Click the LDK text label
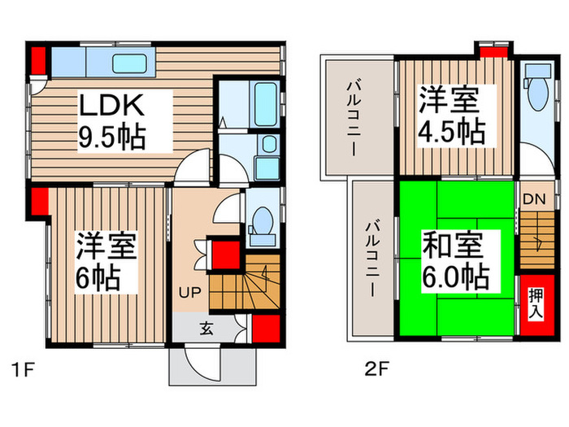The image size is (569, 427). coord(111,106)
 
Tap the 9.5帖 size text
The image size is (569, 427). coord(111,137)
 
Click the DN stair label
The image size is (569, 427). coord(532,198)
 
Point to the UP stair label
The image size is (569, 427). coord(188,290)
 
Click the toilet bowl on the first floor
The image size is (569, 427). coord(262,223)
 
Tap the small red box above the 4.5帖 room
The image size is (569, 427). coord(491,51)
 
